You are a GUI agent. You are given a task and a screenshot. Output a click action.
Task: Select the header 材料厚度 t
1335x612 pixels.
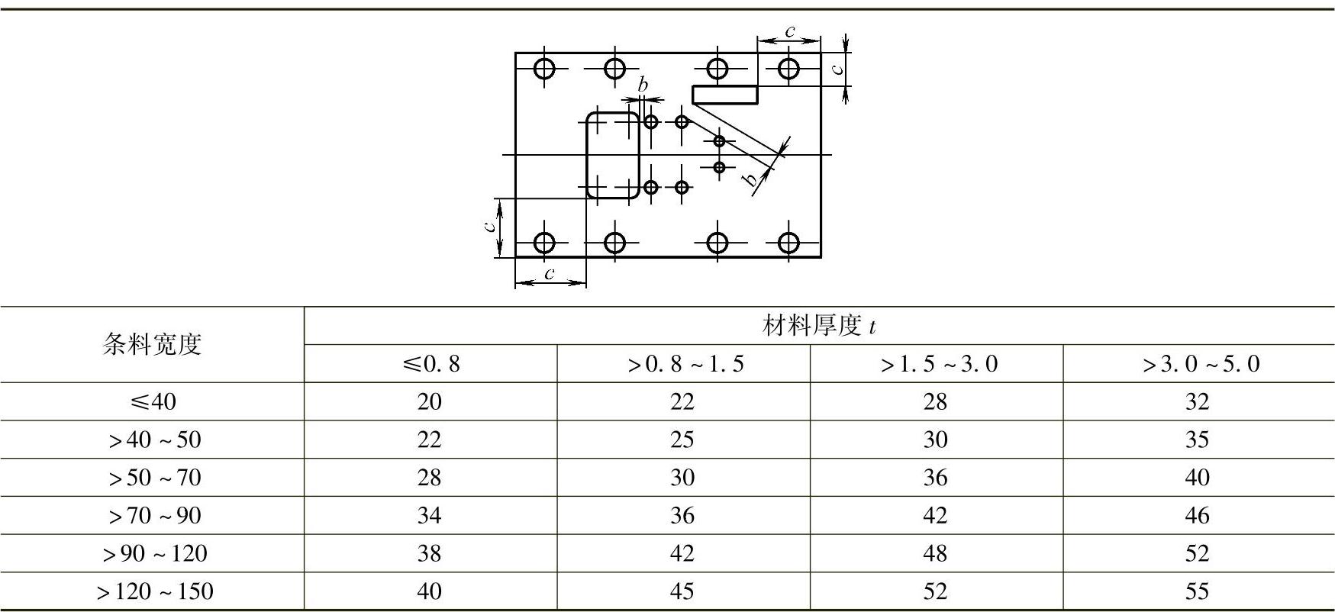[818, 327]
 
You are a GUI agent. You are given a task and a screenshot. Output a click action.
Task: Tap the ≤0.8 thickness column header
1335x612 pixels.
[430, 364]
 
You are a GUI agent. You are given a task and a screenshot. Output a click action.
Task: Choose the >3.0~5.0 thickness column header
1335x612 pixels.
[1200, 364]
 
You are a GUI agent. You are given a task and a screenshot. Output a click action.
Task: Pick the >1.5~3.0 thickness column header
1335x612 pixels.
[938, 364]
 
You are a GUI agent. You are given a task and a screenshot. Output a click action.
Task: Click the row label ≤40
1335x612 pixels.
[153, 401]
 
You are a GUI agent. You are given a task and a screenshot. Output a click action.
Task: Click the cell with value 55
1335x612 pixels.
[1197, 591]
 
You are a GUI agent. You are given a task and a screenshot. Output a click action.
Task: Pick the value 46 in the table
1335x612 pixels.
[1197, 515]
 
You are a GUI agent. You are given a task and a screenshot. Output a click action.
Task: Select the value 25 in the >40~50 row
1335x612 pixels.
[682, 440]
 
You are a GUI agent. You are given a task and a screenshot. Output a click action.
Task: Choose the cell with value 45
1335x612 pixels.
[682, 591]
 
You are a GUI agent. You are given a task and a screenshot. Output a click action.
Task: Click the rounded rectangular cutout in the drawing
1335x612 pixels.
[612, 155]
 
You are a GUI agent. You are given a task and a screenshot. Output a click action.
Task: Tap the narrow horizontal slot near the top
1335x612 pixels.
[724, 94]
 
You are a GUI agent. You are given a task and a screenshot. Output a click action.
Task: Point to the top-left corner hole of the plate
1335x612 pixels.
[543, 69]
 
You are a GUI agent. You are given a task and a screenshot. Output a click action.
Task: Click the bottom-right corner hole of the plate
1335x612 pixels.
[788, 243]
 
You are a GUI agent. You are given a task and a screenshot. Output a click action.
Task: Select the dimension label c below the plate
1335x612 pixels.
[549, 273]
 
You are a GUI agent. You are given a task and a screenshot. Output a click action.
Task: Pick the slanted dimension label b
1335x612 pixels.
[751, 180]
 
